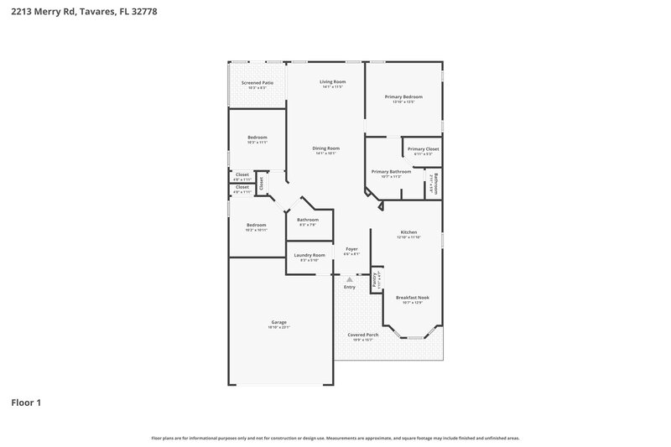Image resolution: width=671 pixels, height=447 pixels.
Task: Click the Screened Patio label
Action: pos(257,83)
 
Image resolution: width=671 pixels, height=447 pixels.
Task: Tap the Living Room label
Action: pos(333,81)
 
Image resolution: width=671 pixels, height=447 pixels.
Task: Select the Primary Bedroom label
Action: pos(403,96)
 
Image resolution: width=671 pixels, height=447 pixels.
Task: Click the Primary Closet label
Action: pos(423,148)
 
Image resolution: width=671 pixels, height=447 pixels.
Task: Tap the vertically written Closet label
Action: pos(261,182)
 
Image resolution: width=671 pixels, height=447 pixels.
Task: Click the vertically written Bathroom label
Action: pos(435,182)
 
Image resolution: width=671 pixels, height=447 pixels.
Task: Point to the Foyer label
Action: pos(352,249)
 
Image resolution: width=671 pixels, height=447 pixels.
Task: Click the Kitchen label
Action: pos(408,232)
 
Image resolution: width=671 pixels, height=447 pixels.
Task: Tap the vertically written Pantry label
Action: pos(375,279)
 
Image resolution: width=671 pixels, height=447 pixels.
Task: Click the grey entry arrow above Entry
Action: pos(350,279)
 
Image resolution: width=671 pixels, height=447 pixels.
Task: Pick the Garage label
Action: pos(278,322)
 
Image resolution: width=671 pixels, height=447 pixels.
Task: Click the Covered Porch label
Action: pos(363,335)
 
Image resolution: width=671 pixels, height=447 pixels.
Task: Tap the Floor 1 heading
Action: pos(26,403)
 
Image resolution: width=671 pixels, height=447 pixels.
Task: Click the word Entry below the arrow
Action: pos(350,288)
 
